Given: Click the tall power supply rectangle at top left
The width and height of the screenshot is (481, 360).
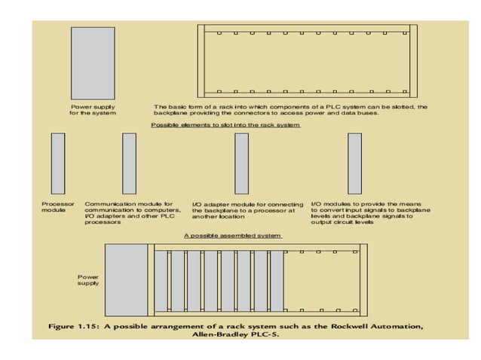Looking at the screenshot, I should [x=92, y=62].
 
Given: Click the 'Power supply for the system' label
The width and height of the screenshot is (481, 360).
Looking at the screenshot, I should [x=92, y=110].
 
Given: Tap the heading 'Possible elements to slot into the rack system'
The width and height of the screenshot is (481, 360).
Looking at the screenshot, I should [x=225, y=124].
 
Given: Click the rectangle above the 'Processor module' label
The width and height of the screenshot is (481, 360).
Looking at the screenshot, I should [x=57, y=163].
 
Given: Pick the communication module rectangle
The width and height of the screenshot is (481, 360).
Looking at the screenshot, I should [x=129, y=163].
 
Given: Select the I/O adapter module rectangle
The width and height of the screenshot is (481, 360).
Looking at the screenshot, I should [x=241, y=163].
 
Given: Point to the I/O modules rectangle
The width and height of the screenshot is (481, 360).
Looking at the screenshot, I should [x=354, y=163].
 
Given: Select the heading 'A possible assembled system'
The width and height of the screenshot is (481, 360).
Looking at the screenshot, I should [x=233, y=236].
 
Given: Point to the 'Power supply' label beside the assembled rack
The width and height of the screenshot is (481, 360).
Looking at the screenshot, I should [x=88, y=280].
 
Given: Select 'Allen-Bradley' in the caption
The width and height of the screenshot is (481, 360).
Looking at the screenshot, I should [x=224, y=335].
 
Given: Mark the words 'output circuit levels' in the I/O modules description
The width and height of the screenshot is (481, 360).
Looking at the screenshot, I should [x=343, y=223].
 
